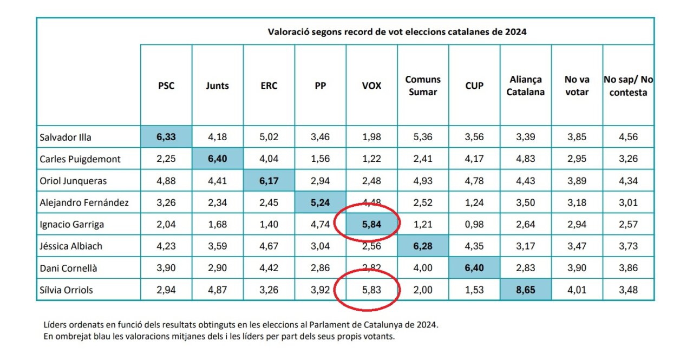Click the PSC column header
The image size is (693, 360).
point(166,86)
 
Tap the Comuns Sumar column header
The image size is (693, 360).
point(423,86)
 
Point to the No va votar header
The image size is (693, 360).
point(577,86)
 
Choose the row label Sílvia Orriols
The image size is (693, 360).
point(66,290)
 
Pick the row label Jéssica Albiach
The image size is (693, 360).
point(71,246)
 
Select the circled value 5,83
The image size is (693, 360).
point(371,290)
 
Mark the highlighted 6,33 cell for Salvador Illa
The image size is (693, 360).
point(166,137)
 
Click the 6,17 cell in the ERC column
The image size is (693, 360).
point(269,181)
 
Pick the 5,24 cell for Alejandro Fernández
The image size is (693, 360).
point(320,202)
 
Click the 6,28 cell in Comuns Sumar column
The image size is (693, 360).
point(423,246)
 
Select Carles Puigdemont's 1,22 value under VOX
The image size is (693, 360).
point(371,159)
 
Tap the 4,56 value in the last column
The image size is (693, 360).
point(628,137)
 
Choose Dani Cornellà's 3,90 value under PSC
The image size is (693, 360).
point(166,268)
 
